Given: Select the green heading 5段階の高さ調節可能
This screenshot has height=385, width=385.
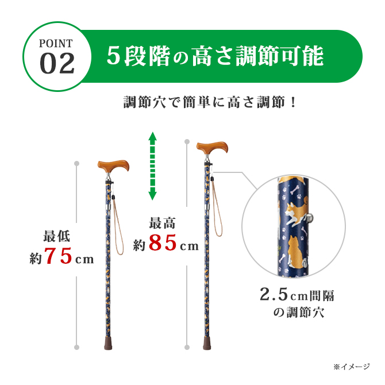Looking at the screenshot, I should (x=215, y=56).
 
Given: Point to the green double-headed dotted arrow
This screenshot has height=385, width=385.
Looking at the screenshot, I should (x=152, y=166).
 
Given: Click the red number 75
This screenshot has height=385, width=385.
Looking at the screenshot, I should (x=58, y=257).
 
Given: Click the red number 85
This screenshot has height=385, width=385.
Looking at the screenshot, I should (x=163, y=244).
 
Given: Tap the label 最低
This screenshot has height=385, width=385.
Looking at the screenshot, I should (x=57, y=236).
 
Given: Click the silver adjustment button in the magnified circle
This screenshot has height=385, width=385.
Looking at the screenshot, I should (x=311, y=217).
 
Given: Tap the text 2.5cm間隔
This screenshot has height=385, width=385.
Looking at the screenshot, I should (x=297, y=295).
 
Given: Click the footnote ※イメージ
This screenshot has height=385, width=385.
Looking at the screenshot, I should (x=352, y=366).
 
